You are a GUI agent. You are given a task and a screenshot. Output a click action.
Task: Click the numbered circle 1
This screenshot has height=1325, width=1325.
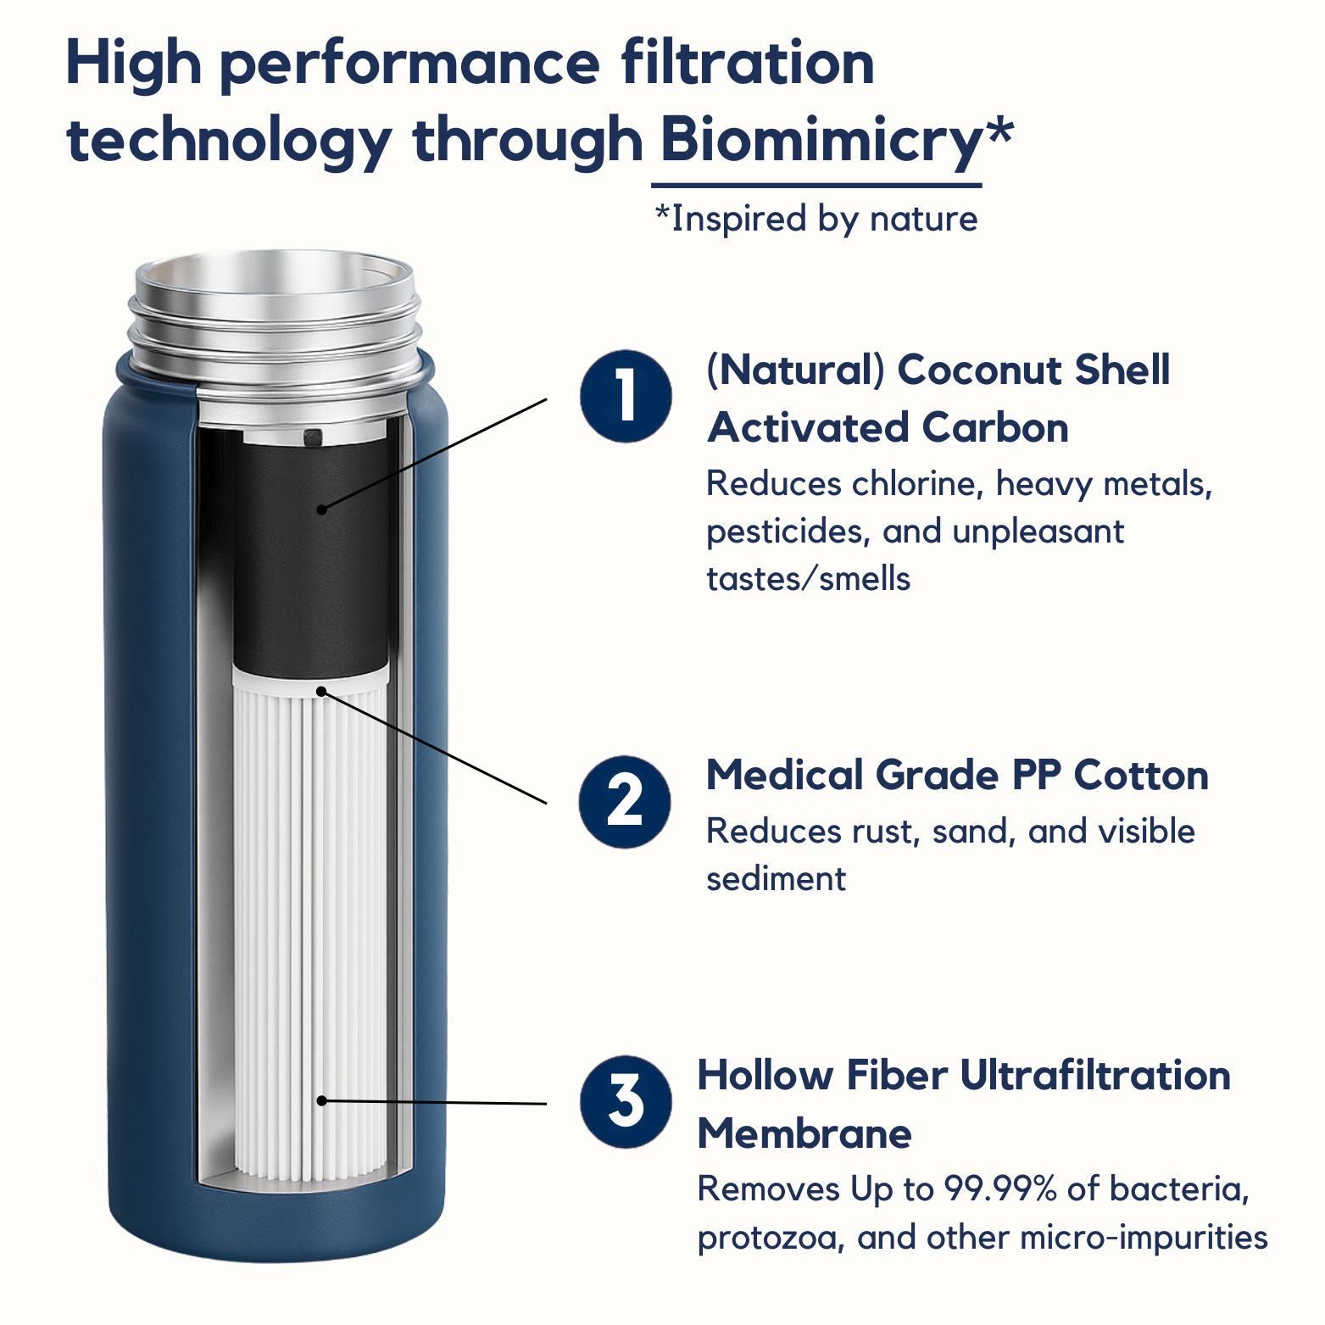[x=626, y=396]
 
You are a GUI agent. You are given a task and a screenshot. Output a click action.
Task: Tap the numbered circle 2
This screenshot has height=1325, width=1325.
[x=625, y=802]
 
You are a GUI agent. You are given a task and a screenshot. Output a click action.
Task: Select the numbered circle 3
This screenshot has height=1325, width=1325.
[x=626, y=1102]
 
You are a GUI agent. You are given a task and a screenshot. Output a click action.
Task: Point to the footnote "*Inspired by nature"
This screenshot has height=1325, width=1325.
[x=816, y=219]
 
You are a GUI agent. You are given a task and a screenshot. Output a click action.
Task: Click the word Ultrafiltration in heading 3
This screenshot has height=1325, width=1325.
[x=1095, y=1076]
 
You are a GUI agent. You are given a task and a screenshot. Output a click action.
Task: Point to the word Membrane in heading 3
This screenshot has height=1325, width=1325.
[x=804, y=1133]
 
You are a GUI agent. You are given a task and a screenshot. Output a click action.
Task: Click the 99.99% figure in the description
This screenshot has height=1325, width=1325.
[x=1000, y=1189]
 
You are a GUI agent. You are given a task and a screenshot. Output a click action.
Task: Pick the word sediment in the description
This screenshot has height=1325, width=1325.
[x=776, y=879]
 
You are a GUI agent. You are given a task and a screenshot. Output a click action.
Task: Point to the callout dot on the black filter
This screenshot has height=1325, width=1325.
[x=321, y=509]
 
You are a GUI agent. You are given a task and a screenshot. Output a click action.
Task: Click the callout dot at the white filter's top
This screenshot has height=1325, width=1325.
[x=321, y=692]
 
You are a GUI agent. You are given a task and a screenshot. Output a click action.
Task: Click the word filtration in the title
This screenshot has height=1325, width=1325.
[x=748, y=64]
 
